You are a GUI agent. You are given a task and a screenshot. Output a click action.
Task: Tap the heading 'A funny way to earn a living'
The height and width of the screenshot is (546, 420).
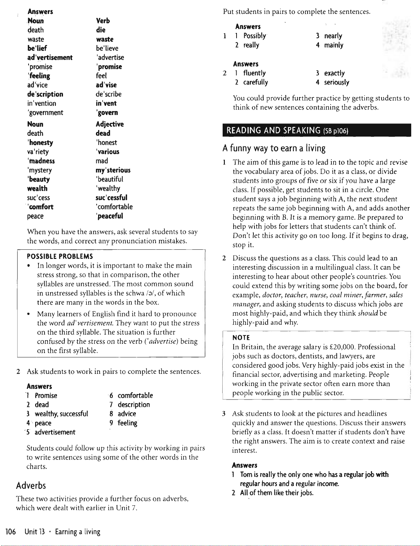(274, 148)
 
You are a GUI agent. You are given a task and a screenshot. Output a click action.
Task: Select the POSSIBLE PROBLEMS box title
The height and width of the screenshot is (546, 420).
(60, 256)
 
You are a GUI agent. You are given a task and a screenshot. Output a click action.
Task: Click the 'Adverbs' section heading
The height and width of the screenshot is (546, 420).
(31, 486)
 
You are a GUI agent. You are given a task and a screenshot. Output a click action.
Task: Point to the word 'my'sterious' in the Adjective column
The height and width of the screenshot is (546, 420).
(113, 170)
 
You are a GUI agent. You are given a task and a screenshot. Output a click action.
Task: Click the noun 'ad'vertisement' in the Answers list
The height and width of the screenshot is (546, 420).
(50, 57)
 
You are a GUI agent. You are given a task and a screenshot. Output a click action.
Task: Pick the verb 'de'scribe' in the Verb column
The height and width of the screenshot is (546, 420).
(108, 94)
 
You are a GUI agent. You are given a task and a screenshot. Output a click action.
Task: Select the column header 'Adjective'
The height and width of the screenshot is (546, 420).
(109, 124)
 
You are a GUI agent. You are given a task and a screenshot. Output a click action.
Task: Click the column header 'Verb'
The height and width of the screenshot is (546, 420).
(103, 21)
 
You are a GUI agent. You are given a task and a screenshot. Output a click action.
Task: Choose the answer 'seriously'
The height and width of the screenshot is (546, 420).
(337, 82)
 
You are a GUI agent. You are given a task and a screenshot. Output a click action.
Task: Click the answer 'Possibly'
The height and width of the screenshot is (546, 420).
(254, 36)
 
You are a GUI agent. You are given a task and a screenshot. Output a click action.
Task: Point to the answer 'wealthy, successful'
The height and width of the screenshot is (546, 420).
(61, 414)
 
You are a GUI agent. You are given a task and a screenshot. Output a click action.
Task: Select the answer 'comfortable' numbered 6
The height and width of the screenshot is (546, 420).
(135, 395)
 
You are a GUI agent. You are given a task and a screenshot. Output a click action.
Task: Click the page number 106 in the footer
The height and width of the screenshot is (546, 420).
(11, 532)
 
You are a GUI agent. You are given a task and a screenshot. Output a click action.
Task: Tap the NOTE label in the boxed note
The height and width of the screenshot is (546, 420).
(241, 338)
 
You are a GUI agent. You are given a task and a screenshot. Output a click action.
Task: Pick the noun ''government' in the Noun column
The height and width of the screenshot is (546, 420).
(45, 113)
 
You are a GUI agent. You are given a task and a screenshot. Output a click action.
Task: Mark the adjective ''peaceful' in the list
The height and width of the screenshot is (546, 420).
(109, 216)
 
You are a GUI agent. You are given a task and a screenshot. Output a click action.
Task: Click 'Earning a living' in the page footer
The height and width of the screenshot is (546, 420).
(78, 532)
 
